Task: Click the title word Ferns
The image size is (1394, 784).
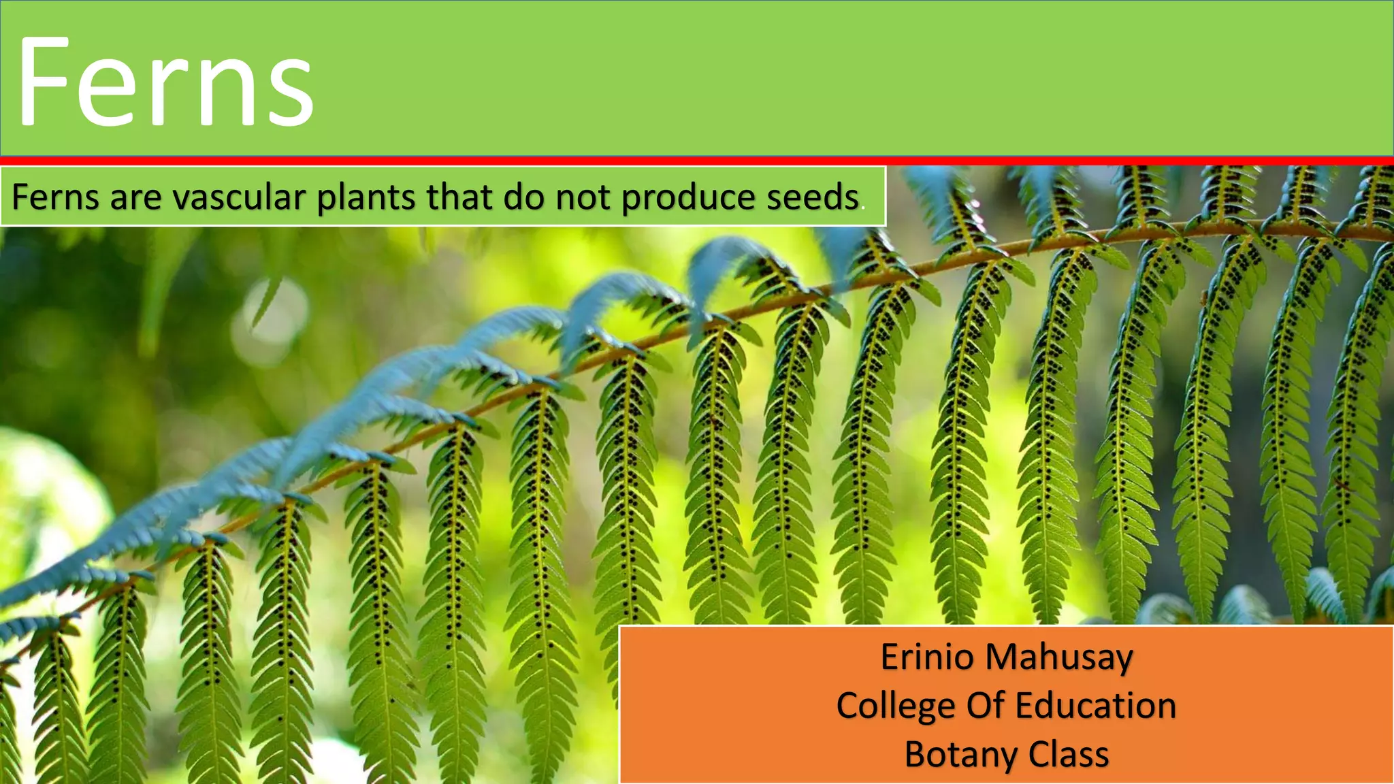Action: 165,83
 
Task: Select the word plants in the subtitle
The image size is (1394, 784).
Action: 367,198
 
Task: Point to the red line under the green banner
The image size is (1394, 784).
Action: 697,161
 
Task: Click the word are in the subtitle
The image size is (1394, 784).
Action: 135,198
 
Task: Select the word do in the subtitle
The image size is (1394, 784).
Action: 523,198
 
